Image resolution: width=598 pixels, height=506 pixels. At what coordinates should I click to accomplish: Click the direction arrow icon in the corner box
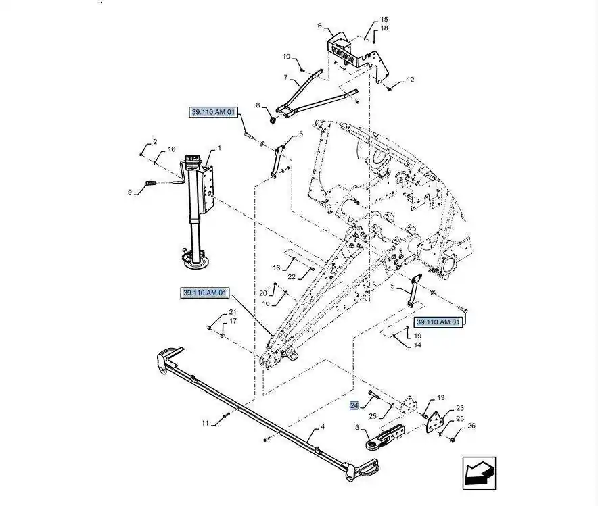479,473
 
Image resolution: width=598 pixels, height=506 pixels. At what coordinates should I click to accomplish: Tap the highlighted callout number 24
354,405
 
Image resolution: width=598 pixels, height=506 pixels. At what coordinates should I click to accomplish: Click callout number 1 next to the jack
218,149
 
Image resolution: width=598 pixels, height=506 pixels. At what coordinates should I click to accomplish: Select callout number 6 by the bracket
320,26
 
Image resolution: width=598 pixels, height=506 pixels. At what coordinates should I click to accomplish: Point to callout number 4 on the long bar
322,427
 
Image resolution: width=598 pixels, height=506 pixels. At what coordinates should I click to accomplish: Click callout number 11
205,423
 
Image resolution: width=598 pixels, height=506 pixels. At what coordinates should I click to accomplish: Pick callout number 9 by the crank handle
130,192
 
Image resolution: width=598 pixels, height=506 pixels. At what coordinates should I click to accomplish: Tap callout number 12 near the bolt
410,80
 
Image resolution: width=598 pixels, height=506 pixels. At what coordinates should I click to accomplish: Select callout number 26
471,426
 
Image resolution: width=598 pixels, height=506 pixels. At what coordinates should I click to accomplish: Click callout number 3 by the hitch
357,427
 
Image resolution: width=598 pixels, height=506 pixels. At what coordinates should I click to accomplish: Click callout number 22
292,277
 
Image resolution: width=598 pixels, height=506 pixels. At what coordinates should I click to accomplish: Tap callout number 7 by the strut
286,77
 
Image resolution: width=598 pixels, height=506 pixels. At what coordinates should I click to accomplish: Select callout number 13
441,398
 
